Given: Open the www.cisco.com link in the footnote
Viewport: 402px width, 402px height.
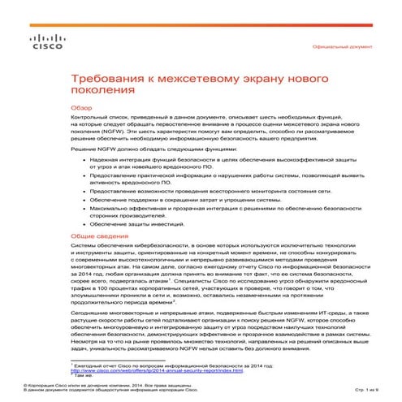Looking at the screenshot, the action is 147,369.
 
